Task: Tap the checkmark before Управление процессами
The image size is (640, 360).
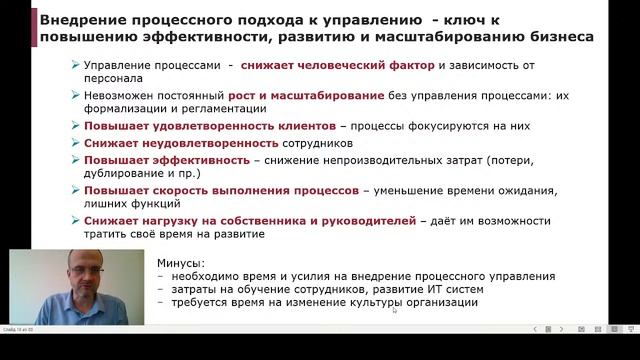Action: coord(78,66)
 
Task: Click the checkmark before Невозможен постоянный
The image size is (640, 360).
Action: coord(78,96)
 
